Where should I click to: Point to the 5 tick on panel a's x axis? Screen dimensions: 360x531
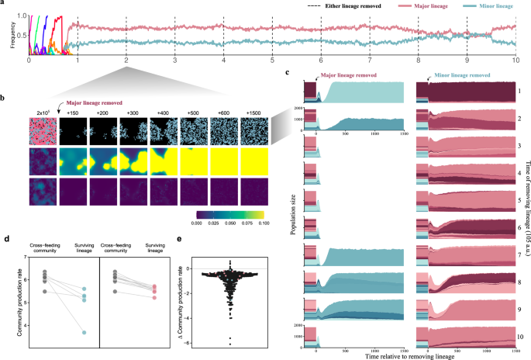[272, 60]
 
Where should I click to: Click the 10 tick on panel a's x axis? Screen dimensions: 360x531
[515, 60]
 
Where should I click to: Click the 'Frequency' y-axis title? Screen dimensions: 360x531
[7, 34]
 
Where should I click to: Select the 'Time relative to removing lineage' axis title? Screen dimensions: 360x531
[408, 353]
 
